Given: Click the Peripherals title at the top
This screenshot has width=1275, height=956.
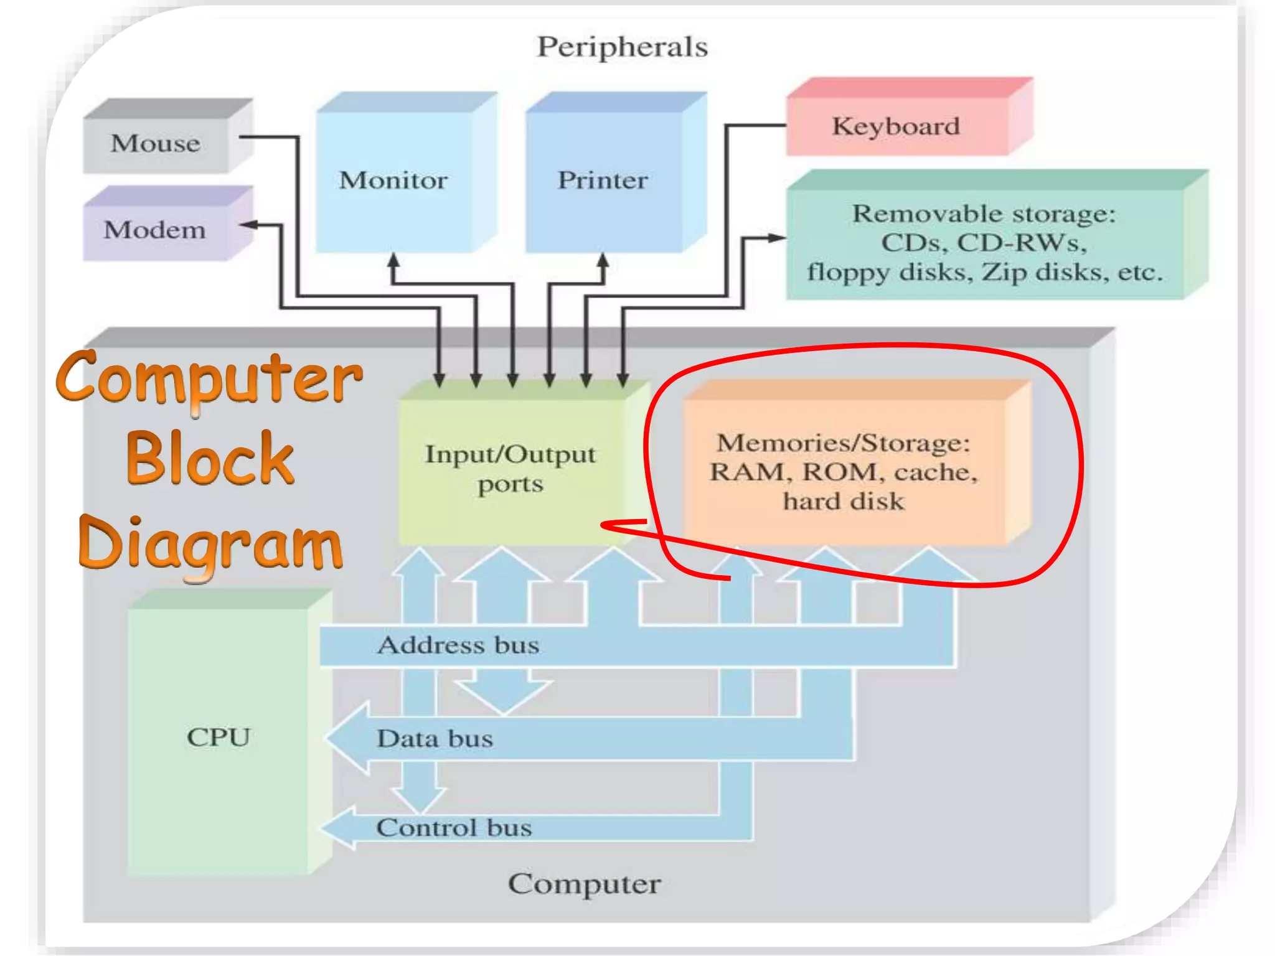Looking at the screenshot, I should (622, 47).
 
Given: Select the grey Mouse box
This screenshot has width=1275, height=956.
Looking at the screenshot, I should (156, 144).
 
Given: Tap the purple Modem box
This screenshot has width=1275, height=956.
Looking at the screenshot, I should (155, 230).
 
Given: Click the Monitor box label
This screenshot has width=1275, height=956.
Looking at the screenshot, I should (393, 180).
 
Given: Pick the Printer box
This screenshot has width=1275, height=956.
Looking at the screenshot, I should (603, 180).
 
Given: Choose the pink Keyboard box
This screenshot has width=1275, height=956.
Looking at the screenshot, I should (896, 126).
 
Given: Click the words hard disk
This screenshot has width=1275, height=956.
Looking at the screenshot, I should (843, 502).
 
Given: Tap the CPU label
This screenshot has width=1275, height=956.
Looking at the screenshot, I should (219, 738).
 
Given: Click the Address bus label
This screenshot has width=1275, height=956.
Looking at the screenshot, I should (458, 645).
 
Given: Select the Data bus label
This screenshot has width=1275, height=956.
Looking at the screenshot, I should (435, 739).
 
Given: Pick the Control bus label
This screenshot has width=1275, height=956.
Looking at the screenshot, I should (454, 828).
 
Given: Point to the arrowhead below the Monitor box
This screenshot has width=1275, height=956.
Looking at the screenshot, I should (393, 261).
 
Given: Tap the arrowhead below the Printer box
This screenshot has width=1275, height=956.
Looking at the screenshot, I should (603, 261).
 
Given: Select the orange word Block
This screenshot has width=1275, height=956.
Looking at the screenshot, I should (210, 459).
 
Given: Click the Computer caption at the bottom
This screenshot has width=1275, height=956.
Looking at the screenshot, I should (584, 884).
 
